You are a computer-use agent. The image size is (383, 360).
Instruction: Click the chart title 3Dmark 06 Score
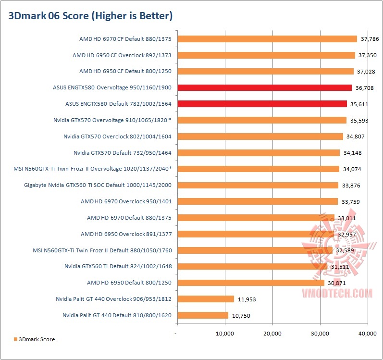(x=90, y=16)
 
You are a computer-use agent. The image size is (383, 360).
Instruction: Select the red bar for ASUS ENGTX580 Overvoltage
(x=264, y=87)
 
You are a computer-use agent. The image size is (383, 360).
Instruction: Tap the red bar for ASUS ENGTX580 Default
(x=262, y=104)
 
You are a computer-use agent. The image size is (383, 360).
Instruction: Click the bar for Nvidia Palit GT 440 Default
(x=202, y=315)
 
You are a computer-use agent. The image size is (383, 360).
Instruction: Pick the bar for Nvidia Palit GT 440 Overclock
(x=205, y=299)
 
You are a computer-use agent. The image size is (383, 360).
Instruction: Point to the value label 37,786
(x=369, y=39)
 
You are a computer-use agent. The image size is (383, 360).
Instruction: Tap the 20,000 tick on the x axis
(x=272, y=333)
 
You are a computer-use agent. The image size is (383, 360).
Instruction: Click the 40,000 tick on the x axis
(x=367, y=333)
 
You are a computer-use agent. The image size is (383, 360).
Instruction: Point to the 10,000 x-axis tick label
(x=224, y=333)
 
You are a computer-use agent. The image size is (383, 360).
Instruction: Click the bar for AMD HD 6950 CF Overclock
(x=266, y=55)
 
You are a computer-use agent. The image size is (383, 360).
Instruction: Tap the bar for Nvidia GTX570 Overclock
(x=259, y=137)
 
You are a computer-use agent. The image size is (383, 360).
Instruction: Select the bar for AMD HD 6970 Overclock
(x=257, y=201)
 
